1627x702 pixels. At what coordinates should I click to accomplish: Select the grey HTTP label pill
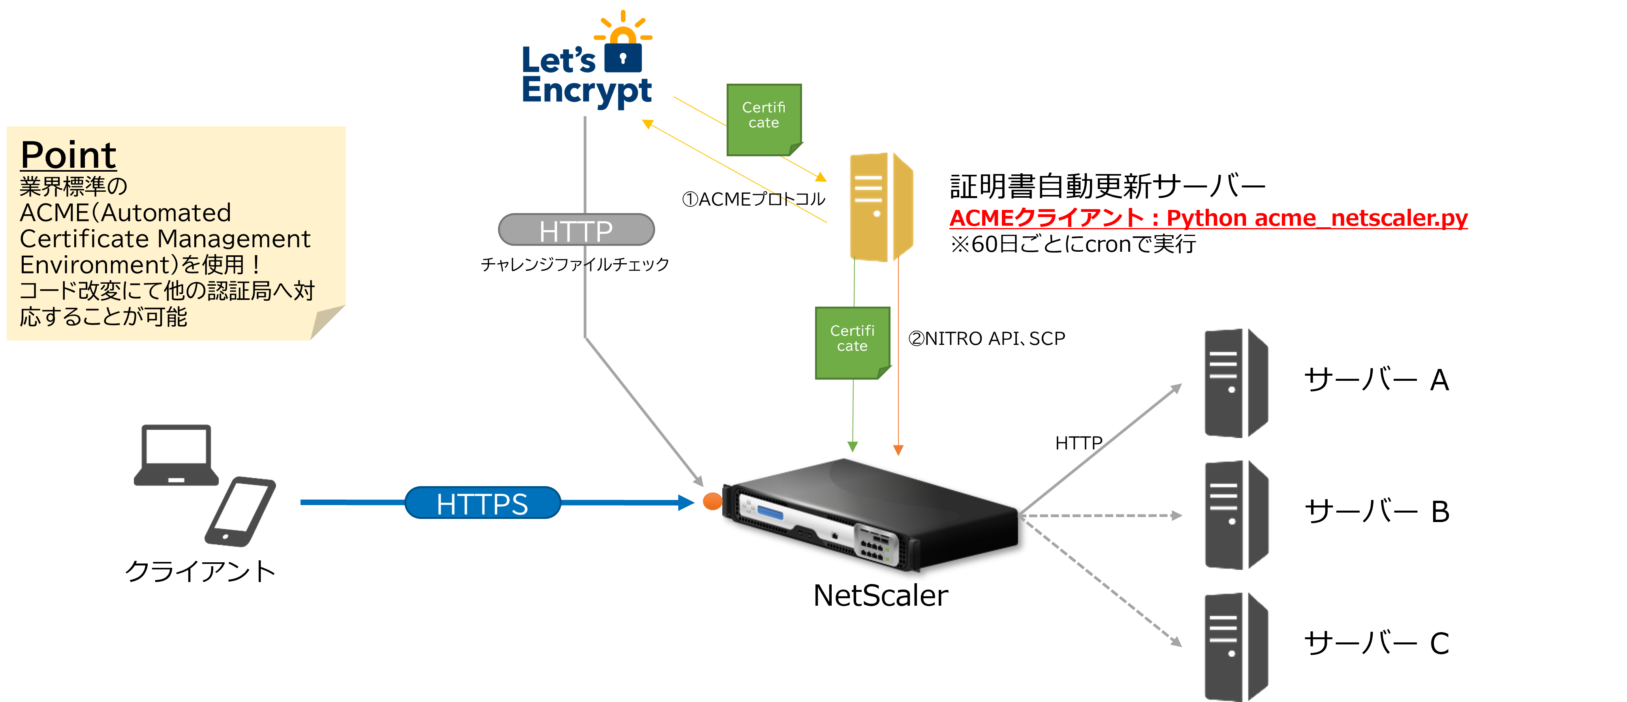[x=576, y=230]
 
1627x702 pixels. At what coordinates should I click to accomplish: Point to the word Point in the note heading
[x=68, y=155]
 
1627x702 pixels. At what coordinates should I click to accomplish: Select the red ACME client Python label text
[x=1208, y=218]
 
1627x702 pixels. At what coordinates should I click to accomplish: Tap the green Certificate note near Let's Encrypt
[x=764, y=119]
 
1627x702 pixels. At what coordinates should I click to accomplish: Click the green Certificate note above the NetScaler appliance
[x=852, y=342]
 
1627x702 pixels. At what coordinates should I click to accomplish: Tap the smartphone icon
[x=240, y=511]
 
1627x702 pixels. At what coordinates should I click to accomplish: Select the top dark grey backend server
[x=1235, y=383]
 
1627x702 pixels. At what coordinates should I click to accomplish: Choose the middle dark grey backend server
[x=1235, y=515]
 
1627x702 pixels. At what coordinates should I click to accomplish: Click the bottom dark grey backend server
[x=1235, y=647]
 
